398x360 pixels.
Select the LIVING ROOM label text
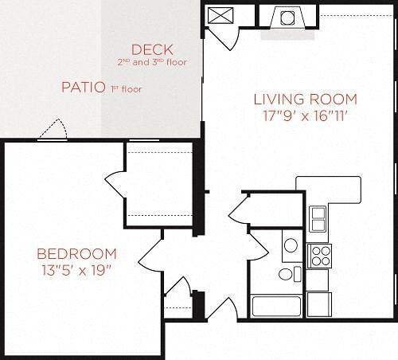pyautogui.click(x=305, y=100)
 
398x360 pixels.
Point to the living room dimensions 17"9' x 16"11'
pyautogui.click(x=306, y=115)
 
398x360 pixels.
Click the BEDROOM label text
pyautogui.click(x=76, y=254)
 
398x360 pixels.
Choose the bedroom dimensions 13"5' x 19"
pyautogui.click(x=76, y=270)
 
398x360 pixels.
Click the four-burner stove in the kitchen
pyautogui.click(x=319, y=255)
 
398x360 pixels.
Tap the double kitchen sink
pyautogui.click(x=318, y=217)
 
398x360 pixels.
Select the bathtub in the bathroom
pyautogui.click(x=276, y=307)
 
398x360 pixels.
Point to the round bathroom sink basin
pyautogui.click(x=291, y=245)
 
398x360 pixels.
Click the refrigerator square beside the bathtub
pyautogui.click(x=318, y=304)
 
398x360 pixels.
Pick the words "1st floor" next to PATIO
pyautogui.click(x=124, y=89)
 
